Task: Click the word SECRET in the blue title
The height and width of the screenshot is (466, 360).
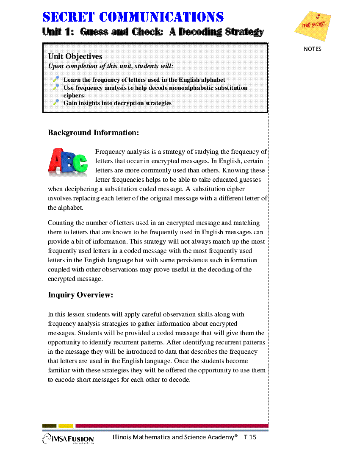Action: pyautogui.click(x=69, y=17)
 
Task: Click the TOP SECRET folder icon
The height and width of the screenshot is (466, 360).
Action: pyautogui.click(x=313, y=26)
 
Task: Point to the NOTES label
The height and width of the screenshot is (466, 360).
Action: pyautogui.click(x=313, y=49)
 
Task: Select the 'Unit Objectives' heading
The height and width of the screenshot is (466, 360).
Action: pyautogui.click(x=75, y=56)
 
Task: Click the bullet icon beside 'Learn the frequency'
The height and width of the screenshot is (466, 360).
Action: pyautogui.click(x=55, y=79)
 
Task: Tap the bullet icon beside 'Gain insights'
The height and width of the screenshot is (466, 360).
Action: pyautogui.click(x=55, y=102)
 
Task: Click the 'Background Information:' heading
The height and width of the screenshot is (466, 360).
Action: pyautogui.click(x=93, y=133)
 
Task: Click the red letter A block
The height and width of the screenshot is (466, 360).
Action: pyautogui.click(x=56, y=161)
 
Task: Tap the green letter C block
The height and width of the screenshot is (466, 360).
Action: pyautogui.click(x=80, y=164)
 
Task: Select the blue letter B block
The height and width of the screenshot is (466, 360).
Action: pyautogui.click(x=68, y=161)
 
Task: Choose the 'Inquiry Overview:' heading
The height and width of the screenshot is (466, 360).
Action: pyautogui.click(x=80, y=295)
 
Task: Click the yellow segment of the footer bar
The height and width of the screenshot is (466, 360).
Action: pyautogui.click(x=66, y=426)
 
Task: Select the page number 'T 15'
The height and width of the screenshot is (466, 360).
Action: pyautogui.click(x=250, y=437)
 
